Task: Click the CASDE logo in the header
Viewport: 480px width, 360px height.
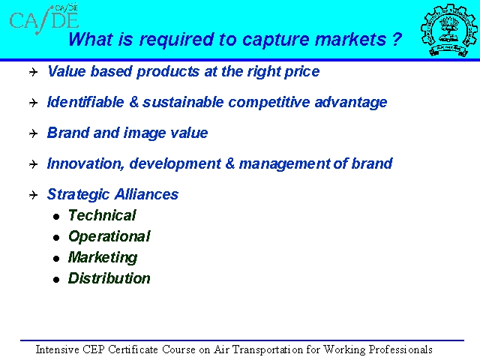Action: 44,19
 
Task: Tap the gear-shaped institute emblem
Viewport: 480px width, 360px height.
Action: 448,30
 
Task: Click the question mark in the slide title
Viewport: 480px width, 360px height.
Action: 397,39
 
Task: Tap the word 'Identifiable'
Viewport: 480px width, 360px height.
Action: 85,102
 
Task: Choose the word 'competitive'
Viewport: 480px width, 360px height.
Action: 269,103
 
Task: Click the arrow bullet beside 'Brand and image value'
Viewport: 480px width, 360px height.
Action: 33,133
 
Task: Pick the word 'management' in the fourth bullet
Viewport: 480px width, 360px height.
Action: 284,164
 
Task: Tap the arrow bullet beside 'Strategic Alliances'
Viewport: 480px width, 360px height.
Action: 33,195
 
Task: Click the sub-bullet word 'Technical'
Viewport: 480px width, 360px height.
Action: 102,215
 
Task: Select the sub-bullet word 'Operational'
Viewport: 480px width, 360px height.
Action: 109,236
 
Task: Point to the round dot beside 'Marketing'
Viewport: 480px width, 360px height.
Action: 56,259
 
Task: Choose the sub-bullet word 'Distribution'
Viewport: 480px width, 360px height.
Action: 109,278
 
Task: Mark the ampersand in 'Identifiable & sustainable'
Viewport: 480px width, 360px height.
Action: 134,102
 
